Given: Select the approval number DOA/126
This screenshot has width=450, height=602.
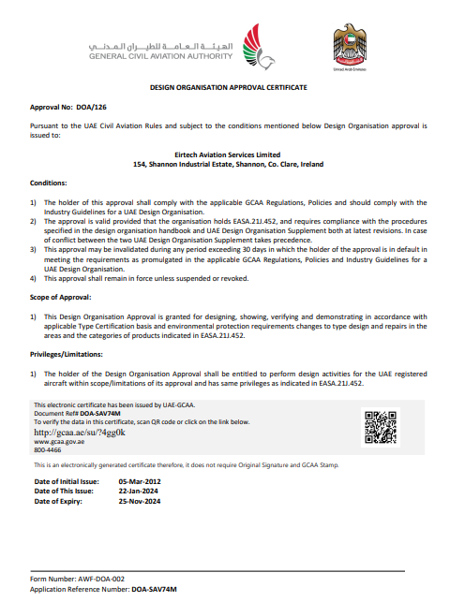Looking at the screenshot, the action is coord(82,109).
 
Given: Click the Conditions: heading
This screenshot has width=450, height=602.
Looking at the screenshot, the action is coord(49,184).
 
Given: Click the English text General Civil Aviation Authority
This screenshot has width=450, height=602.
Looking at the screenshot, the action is coord(160,55).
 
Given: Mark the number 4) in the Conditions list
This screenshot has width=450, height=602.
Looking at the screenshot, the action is coord(34,278).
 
